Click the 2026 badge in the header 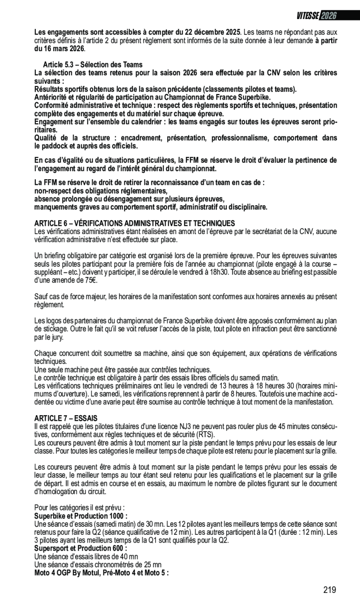(x=328, y=16)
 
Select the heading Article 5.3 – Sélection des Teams (x=93, y=65)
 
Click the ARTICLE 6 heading (x=135, y=223)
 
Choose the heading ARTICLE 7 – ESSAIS (x=66, y=418)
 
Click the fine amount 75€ (x=90, y=280)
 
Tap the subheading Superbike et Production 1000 (x=81, y=516)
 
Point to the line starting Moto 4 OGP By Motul (x=101, y=572)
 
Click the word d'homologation (x=56, y=491)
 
